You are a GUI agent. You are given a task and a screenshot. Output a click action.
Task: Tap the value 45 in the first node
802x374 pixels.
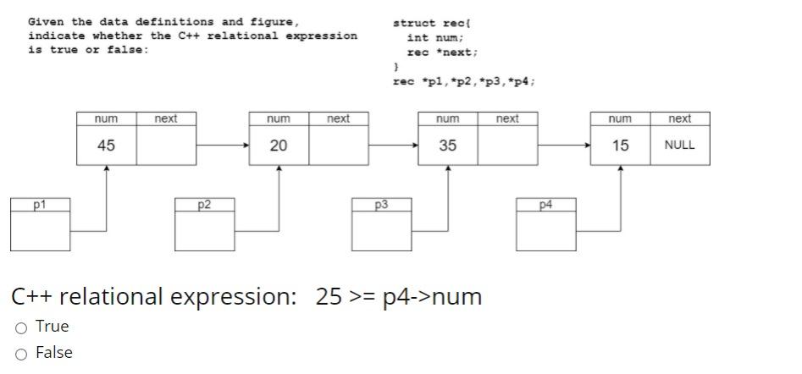pos(106,146)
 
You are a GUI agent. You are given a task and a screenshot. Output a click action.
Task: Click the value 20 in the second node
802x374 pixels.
pos(278,146)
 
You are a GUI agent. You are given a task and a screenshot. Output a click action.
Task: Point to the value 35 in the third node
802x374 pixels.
pos(447,146)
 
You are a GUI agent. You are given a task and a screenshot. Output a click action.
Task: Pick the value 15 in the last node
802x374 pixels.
pos(620,146)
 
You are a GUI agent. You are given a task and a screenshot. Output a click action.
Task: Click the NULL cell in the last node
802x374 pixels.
pos(679,146)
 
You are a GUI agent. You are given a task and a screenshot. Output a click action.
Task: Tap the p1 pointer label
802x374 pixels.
pos(40,205)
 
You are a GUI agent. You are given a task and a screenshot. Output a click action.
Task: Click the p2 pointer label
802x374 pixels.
pos(204,205)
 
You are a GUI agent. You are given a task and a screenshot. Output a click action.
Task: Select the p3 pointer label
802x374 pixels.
pos(382,205)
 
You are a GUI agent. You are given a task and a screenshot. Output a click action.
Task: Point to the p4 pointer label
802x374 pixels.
pos(546,205)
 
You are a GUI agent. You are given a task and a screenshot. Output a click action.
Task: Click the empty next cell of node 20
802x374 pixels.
pos(338,146)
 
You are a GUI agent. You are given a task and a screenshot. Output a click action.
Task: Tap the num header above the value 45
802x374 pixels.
pos(106,119)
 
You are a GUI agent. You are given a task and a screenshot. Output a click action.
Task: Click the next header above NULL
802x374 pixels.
pos(679,119)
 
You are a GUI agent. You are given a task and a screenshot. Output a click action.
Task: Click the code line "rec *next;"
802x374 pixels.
pos(441,52)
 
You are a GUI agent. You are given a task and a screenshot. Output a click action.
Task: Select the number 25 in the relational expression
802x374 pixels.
pos(328,297)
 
